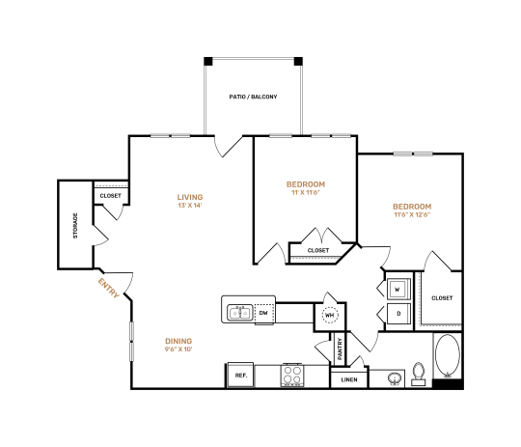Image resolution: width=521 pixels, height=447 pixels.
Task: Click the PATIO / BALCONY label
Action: pos(253,97)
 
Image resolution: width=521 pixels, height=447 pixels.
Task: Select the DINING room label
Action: pos(178,340)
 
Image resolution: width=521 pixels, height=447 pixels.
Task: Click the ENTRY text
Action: pos(108,288)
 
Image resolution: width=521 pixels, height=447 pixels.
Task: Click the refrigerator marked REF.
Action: pos(240,375)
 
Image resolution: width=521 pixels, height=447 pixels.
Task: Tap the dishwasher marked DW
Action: pos(262,313)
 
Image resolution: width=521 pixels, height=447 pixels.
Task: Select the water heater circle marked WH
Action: pos(329,315)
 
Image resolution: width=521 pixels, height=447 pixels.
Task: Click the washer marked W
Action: pos(398,289)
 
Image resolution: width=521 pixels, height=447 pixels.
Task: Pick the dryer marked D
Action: pos(398,315)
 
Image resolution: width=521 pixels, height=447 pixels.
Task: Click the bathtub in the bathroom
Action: pos(448,357)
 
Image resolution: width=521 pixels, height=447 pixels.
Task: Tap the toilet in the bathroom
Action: pos(419,373)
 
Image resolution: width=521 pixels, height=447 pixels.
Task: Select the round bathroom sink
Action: pos(394,377)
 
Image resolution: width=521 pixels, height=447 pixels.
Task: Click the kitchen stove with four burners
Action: pos(293,375)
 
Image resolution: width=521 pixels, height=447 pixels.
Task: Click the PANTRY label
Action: pos(340,349)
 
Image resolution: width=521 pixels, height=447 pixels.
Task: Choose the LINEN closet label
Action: pos(348,380)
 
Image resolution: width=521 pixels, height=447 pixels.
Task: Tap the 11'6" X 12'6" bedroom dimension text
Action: pos(411,217)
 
